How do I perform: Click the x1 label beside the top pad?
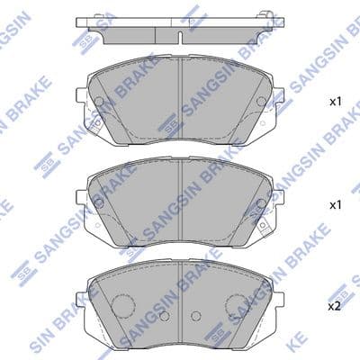tap(336, 102)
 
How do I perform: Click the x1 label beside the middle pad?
tap(336, 205)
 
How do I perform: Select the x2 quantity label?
tap(335, 306)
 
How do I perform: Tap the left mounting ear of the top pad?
tap(81, 95)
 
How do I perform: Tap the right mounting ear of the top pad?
tap(279, 95)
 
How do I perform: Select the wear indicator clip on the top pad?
tap(96, 126)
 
